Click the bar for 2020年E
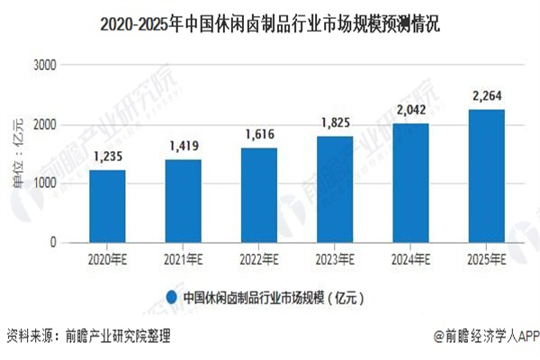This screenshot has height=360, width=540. click(107, 206)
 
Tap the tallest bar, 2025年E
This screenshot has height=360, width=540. click(486, 176)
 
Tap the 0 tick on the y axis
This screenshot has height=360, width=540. click(53, 243)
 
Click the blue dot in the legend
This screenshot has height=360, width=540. click(170, 296)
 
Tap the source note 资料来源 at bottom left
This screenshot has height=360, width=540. click(88, 337)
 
